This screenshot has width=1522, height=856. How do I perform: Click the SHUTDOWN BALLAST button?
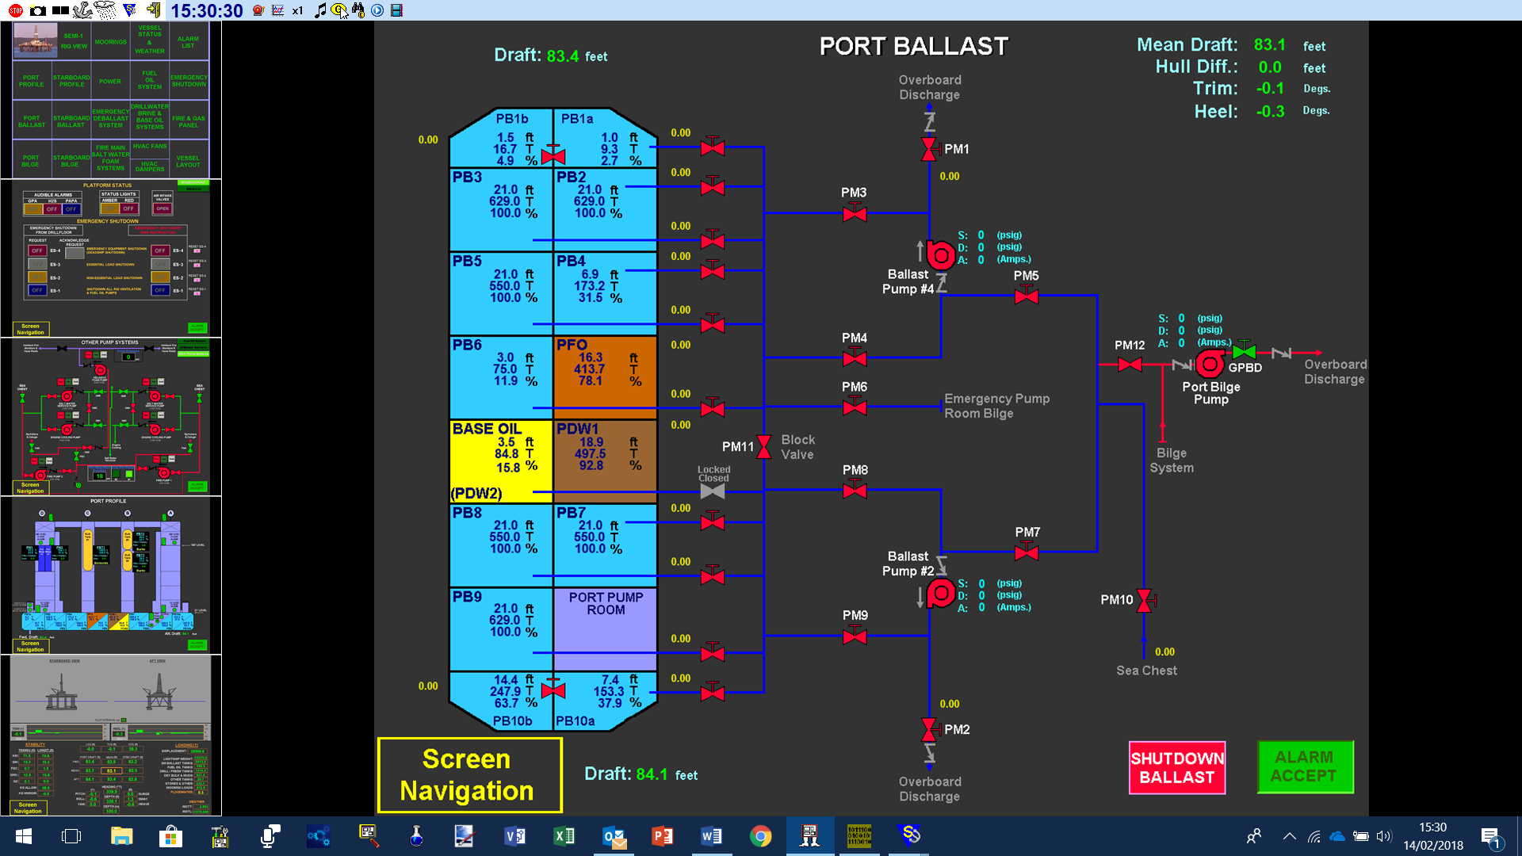click(1177, 767)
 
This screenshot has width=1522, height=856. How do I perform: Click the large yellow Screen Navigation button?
click(469, 774)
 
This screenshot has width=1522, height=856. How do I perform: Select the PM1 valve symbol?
click(929, 149)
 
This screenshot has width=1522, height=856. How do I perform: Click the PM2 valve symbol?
click(929, 729)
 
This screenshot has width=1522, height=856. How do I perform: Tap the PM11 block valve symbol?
click(763, 447)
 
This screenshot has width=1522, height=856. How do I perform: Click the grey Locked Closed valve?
click(713, 491)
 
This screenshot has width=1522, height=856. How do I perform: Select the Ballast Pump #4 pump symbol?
click(941, 255)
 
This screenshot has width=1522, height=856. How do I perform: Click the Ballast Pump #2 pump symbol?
click(941, 593)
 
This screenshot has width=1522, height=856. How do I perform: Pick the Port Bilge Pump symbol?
click(1210, 365)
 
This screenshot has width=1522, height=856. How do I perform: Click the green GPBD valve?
click(1244, 351)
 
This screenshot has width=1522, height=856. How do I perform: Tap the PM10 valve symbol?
click(1144, 600)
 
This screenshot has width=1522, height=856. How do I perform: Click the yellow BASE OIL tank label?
click(487, 429)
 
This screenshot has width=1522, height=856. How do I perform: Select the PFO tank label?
click(572, 345)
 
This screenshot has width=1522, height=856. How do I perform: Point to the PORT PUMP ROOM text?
click(606, 603)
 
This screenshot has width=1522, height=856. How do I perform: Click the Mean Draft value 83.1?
click(1269, 45)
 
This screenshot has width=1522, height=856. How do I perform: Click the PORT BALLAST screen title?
click(913, 46)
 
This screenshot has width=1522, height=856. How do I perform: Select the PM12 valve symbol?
click(1130, 365)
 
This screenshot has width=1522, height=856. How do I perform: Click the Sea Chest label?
click(1146, 671)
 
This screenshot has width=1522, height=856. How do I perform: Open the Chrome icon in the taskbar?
click(760, 836)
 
